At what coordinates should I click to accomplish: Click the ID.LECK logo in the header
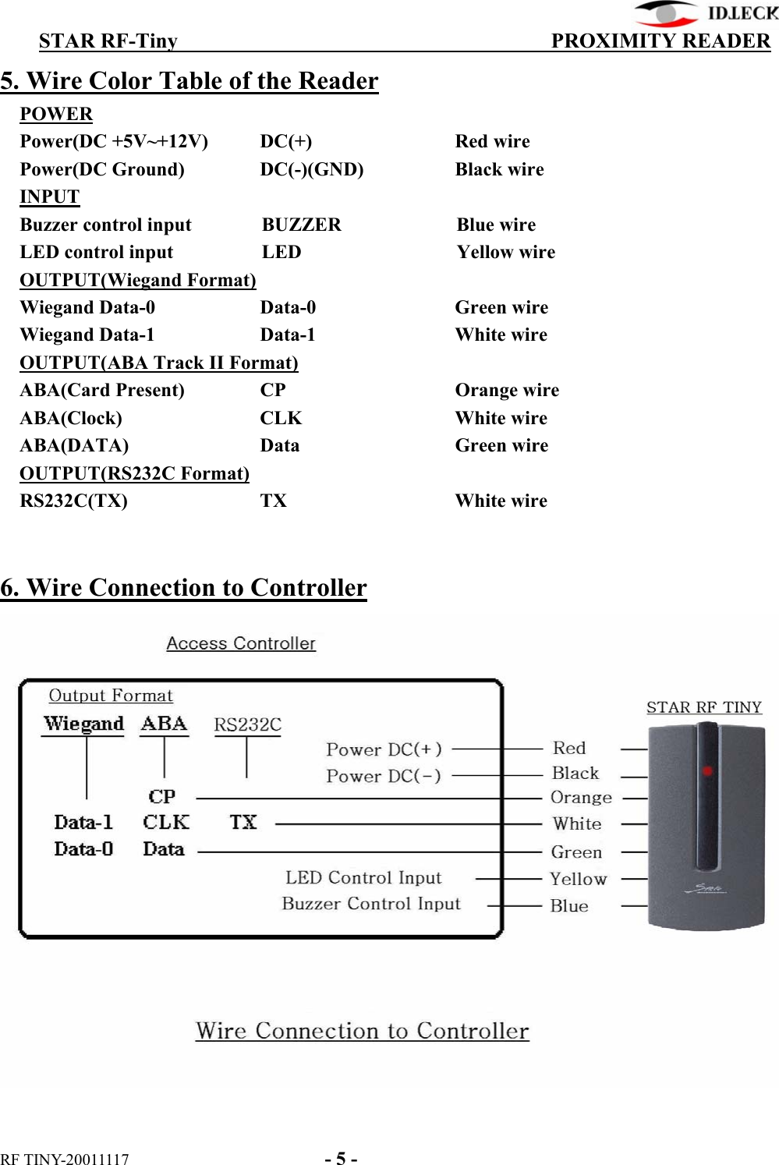[706, 13]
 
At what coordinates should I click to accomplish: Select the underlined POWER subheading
[56, 114]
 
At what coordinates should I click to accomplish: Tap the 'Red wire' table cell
[492, 141]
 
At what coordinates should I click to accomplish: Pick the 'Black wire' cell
[499, 169]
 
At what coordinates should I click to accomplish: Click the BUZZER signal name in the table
[301, 225]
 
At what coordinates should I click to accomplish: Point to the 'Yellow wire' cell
[505, 252]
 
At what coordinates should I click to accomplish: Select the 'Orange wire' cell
[507, 390]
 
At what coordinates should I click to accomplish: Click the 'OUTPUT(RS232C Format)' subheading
[134, 473]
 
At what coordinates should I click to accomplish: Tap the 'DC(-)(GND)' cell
[311, 169]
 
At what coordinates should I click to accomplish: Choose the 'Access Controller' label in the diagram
[241, 643]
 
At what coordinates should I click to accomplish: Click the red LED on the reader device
[707, 771]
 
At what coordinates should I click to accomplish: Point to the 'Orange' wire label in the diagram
[581, 798]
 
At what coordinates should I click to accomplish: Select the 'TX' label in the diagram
[243, 823]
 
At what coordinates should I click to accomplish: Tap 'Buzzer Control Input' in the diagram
[370, 904]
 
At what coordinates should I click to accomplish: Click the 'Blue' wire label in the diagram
[569, 906]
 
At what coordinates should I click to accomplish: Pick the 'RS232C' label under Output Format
[247, 724]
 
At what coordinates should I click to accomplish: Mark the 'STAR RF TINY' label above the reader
[703, 707]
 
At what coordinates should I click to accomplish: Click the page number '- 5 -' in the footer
[341, 1158]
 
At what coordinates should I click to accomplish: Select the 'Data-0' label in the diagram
[83, 849]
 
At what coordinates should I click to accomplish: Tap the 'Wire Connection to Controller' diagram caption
[362, 1031]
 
